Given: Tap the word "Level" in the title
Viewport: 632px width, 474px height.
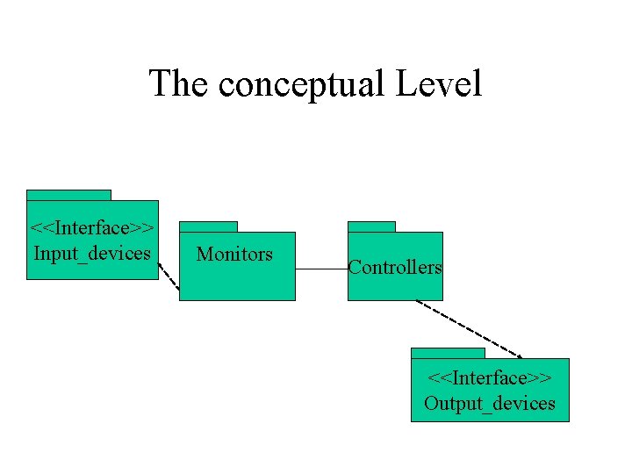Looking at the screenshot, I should [x=439, y=84].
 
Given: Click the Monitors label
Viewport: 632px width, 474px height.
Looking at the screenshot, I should [x=234, y=255].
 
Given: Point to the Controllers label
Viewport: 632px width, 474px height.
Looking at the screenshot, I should [x=395, y=268].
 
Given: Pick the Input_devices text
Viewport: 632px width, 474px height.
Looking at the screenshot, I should [x=92, y=254].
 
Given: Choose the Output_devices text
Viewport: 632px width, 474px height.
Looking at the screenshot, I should [x=489, y=404].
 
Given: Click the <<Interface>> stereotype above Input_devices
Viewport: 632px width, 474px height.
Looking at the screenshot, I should [x=92, y=228].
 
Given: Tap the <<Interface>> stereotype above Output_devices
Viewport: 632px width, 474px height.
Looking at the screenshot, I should [x=489, y=378].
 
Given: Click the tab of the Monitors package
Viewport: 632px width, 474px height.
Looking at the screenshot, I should [x=208, y=226].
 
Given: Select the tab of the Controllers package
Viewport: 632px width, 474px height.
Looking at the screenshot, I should [x=371, y=226].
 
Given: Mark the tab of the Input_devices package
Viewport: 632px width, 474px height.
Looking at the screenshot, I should [x=68, y=195].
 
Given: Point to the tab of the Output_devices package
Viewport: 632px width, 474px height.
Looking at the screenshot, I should [x=448, y=353].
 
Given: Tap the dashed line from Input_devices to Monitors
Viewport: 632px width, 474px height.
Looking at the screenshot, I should [x=169, y=276].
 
